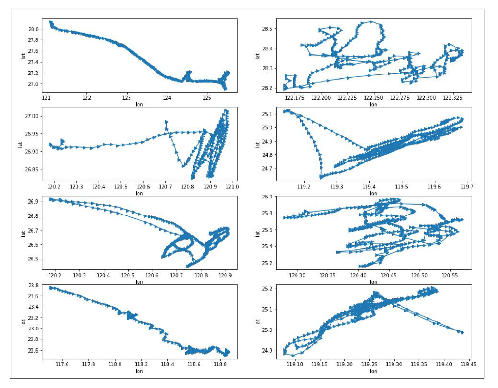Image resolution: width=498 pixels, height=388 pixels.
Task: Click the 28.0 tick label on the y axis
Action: click(34, 29)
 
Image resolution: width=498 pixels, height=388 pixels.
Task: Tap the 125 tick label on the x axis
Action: click(207, 98)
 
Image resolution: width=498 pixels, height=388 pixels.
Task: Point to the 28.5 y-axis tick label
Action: click(267, 29)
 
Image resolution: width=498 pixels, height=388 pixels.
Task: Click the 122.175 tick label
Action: click(295, 98)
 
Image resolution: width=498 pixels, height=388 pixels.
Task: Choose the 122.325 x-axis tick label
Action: click(453, 98)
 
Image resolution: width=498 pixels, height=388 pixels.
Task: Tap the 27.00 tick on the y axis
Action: click(32, 116)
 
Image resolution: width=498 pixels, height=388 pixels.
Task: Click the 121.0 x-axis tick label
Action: click(232, 187)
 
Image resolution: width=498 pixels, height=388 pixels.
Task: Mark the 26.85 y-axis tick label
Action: click(32, 170)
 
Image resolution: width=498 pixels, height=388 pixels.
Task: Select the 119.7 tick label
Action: click(467, 187)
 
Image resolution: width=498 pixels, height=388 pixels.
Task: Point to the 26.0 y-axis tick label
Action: click(267, 197)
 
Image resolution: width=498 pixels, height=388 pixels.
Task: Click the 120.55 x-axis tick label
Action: click(450, 275)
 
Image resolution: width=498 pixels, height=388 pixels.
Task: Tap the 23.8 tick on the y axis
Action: click(34, 286)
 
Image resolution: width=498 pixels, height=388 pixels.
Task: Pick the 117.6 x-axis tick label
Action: click(62, 364)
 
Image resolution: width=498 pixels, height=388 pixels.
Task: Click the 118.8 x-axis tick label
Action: click(221, 364)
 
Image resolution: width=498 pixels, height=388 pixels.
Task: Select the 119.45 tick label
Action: click(469, 364)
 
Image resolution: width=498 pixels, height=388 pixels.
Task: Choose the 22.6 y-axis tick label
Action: click(34, 350)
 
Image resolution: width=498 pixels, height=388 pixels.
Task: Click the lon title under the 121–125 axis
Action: click(139, 105)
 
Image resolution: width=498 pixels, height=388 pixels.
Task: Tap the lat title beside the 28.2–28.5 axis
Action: click(258, 56)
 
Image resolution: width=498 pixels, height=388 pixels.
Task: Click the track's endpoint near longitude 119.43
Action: click(462, 332)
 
